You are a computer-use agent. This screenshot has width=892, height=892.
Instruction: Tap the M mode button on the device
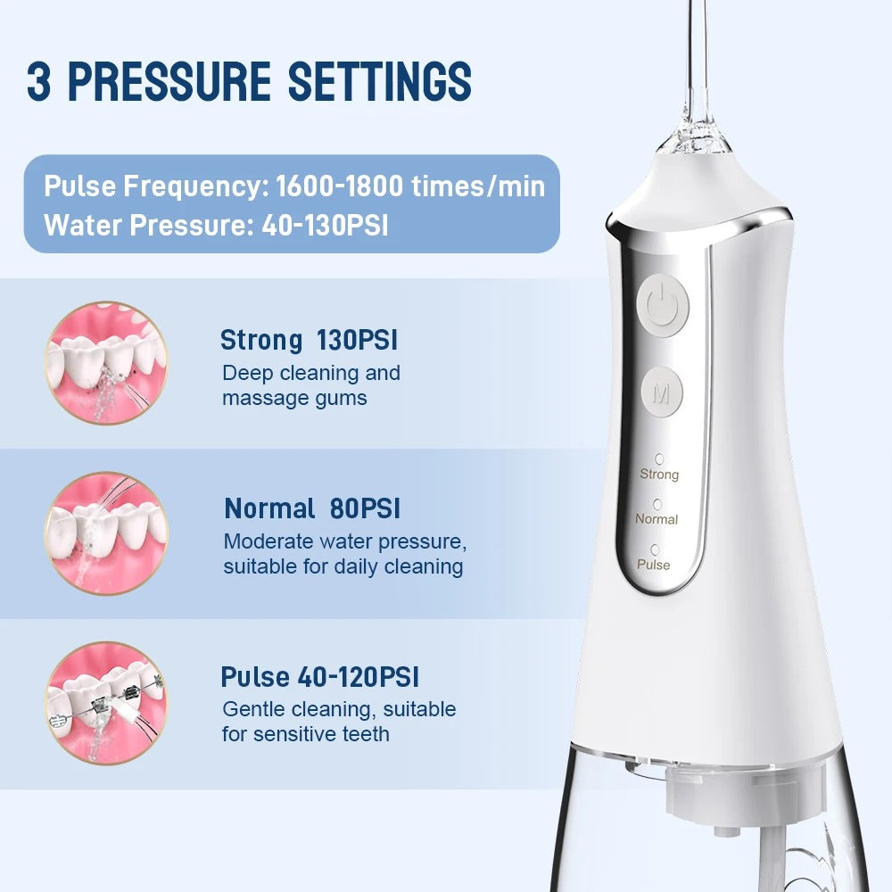click(x=662, y=391)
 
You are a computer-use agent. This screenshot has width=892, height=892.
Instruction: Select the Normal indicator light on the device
click(x=657, y=503)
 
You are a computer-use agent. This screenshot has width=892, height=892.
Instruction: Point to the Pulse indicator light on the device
click(x=656, y=549)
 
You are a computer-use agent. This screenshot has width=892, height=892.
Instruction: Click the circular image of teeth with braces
click(x=106, y=703)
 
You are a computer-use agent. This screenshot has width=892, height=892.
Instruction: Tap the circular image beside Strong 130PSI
click(x=106, y=362)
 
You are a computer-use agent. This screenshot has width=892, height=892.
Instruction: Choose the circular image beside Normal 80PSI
click(x=106, y=533)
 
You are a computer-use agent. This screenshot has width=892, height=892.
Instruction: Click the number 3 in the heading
click(x=38, y=81)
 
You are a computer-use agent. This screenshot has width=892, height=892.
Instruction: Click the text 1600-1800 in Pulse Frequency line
click(x=343, y=187)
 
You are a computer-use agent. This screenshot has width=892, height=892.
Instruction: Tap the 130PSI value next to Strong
click(x=357, y=340)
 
